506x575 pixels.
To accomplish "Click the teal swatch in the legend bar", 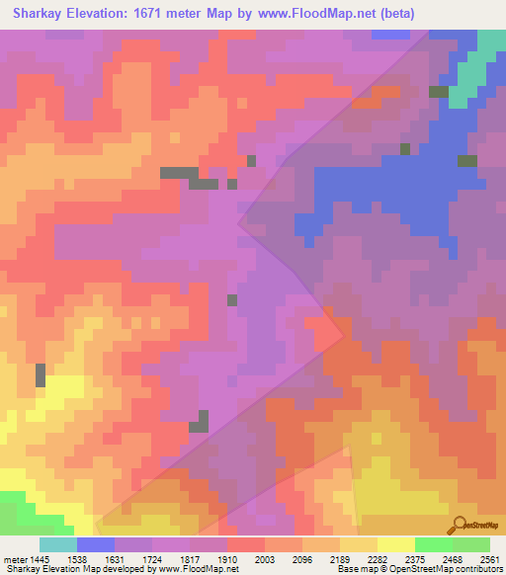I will [x=58, y=544].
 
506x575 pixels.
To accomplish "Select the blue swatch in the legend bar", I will [x=96, y=544].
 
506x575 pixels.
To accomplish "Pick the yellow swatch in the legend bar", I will [x=396, y=544].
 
